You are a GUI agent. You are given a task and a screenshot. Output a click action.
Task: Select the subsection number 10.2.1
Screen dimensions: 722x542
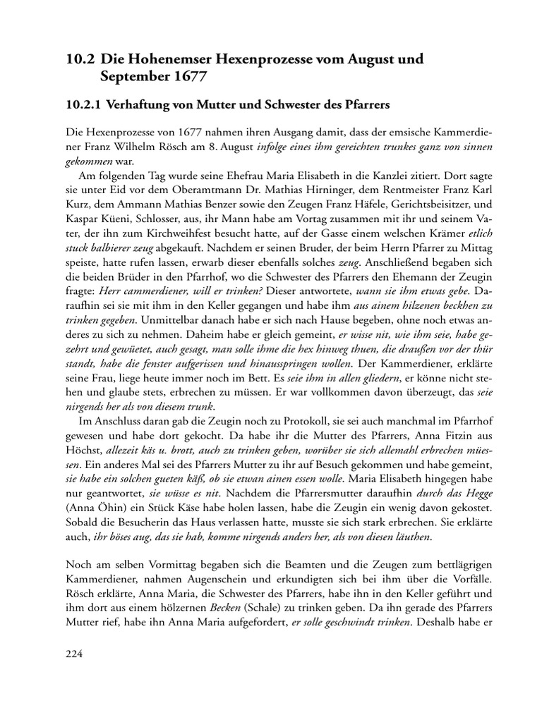click(82, 105)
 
